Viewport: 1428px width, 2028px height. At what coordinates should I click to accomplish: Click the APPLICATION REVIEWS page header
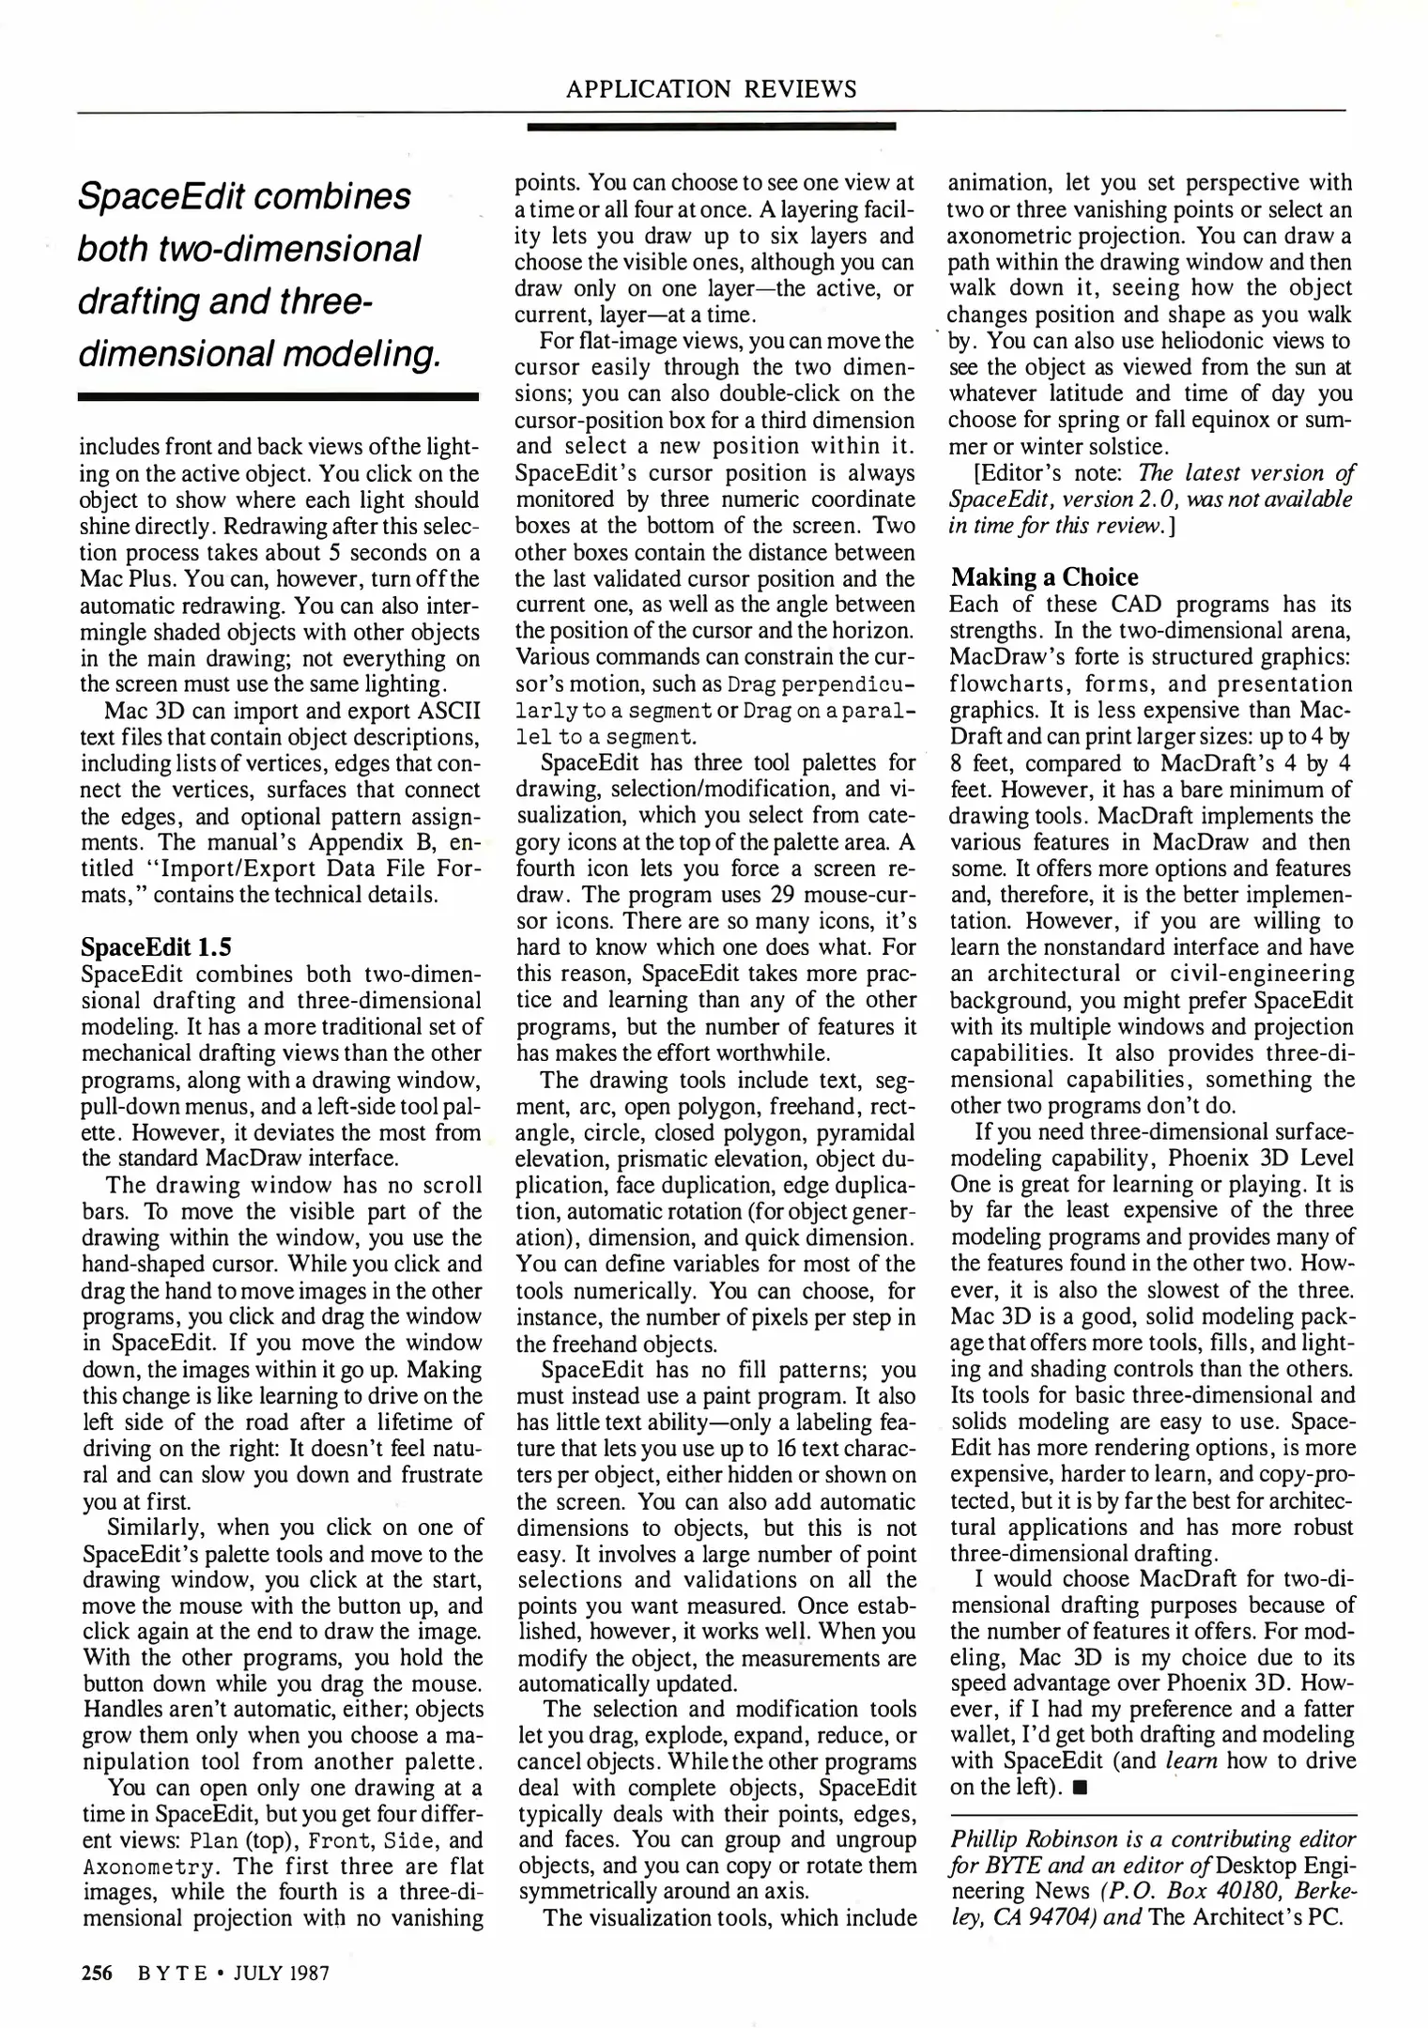pos(711,89)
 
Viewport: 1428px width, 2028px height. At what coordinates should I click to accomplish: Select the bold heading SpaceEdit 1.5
pos(156,945)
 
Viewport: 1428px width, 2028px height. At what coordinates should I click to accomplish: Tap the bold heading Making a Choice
pos(1044,576)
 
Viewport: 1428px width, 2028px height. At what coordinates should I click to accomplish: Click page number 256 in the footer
pos(97,1973)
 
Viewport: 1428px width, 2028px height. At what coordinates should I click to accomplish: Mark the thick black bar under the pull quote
pos(279,397)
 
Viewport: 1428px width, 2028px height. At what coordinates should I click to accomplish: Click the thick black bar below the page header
pos(711,126)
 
